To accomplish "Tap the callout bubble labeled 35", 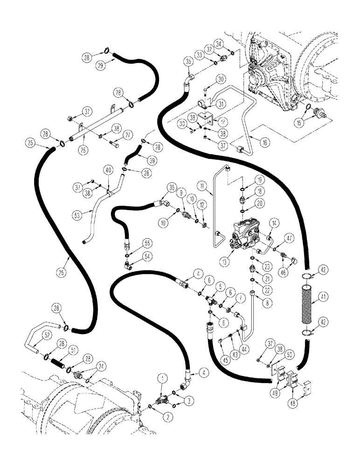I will tap(188, 62).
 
